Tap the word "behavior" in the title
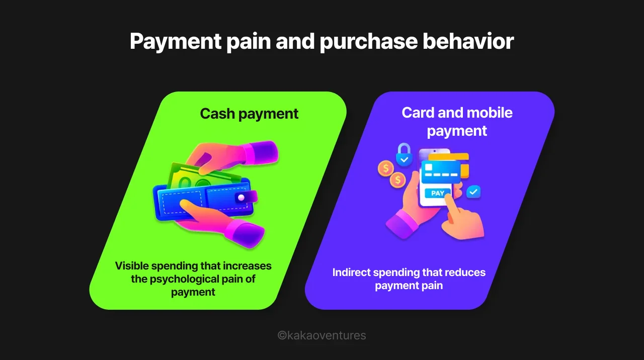tap(468, 41)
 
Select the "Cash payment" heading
tap(249, 114)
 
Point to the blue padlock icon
tap(404, 155)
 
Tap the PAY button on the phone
tap(437, 193)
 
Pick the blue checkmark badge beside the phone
tap(473, 192)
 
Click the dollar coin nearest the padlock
tap(386, 168)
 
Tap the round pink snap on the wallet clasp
tap(241, 197)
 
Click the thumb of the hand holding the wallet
tap(190, 205)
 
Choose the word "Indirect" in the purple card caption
tap(353, 273)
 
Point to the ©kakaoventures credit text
tap(322, 335)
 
